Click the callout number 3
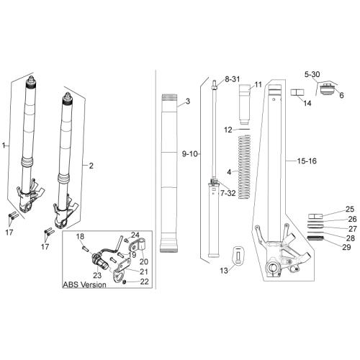[x=188, y=102]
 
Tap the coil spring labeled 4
[x=244, y=167]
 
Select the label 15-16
[x=307, y=161]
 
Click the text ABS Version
[x=84, y=284]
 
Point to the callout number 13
[x=224, y=271]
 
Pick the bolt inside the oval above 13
[x=238, y=256]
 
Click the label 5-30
[x=312, y=74]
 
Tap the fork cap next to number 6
[x=328, y=89]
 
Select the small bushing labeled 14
[x=297, y=92]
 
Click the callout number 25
[x=350, y=209]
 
